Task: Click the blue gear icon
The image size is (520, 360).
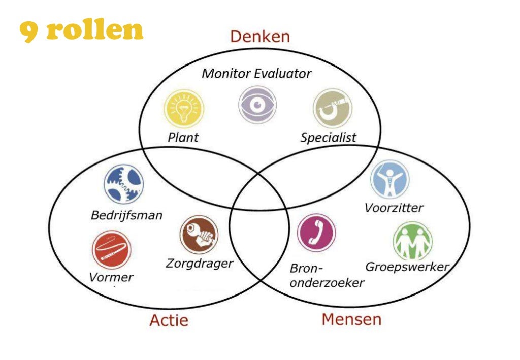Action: (123, 183)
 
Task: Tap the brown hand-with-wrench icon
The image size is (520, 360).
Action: (199, 235)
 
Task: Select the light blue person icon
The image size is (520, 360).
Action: (389, 179)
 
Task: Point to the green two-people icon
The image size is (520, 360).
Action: (412, 241)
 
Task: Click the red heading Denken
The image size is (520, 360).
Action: (259, 37)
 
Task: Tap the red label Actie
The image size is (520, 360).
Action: (169, 321)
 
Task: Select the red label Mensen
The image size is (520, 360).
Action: (351, 319)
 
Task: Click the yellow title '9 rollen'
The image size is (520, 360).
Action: (81, 30)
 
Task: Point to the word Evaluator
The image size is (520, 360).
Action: (283, 74)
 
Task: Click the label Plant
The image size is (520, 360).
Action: (183, 138)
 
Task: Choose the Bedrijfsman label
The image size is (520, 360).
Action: (126, 215)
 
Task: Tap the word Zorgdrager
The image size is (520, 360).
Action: (200, 264)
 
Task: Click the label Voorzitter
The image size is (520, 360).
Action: (394, 208)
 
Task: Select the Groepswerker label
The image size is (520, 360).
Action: (408, 267)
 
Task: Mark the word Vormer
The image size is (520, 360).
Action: (111, 277)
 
